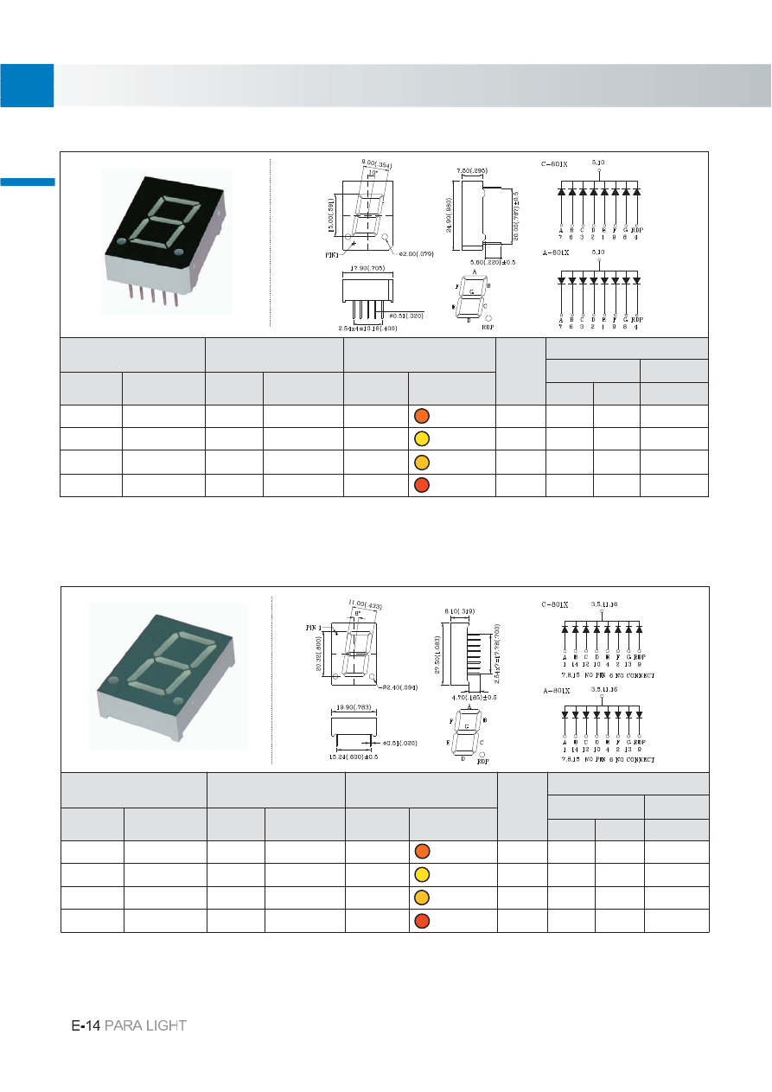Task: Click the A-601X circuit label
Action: (553, 252)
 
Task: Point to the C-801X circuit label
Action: (553, 603)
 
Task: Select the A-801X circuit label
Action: (553, 690)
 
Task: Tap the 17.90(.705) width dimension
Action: (368, 268)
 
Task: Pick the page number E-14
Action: (86, 1025)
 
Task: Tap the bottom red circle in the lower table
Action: (421, 920)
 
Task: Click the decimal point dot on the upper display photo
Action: (179, 252)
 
